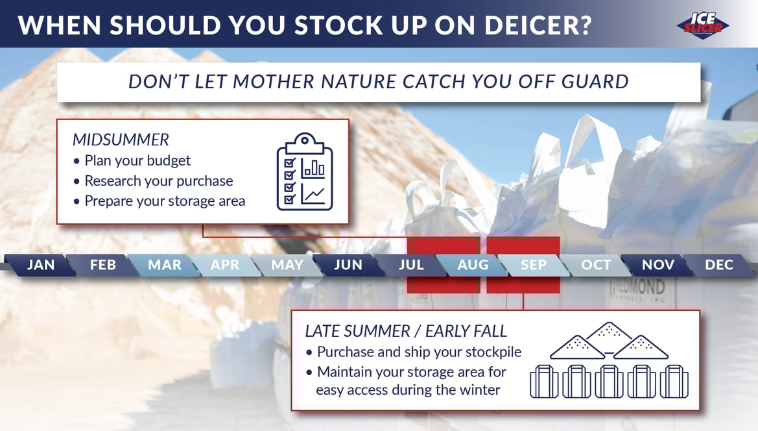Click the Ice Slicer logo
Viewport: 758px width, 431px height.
point(703,25)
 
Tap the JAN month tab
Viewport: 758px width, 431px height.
point(41,265)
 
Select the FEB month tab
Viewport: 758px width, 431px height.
point(102,265)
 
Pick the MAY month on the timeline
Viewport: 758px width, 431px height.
point(287,265)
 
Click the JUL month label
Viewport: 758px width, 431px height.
point(411,265)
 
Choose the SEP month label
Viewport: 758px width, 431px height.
point(533,265)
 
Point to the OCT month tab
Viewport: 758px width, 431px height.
point(595,265)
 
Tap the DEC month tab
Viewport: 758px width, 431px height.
point(719,265)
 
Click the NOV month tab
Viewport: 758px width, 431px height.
point(657,265)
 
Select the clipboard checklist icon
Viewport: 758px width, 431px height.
point(305,172)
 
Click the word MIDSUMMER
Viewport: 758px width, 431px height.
point(121,140)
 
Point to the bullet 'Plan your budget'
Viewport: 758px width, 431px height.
point(132,160)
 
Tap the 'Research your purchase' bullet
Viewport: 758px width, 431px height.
point(153,181)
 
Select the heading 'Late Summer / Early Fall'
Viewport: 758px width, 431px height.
point(406,331)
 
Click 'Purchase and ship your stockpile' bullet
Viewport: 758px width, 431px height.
point(414,352)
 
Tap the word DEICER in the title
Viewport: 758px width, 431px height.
point(538,25)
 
